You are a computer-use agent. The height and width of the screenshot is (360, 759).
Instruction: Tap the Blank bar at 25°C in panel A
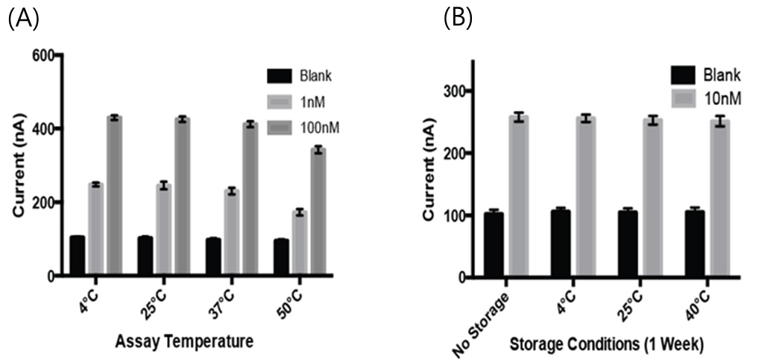coord(145,256)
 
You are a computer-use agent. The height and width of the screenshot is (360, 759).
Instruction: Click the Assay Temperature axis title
coord(184,342)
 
